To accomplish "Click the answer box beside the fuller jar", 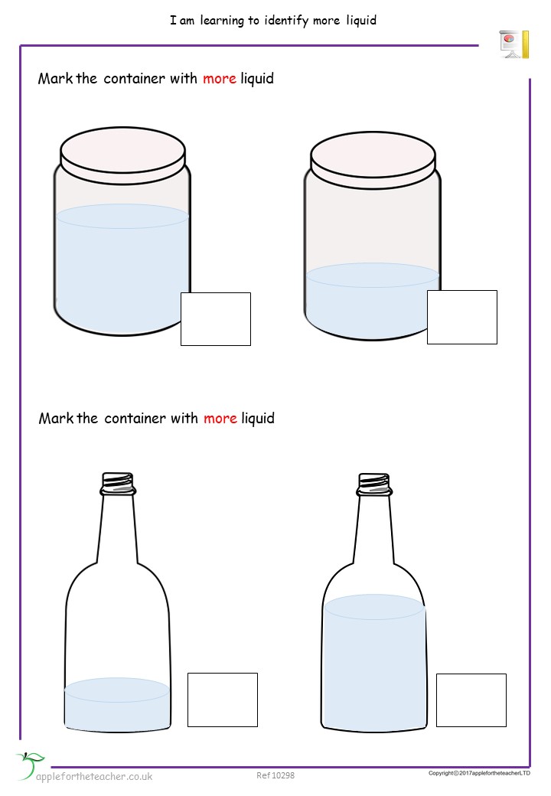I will click(216, 318).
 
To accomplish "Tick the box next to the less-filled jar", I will click(462, 317).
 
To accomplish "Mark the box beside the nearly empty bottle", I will click(223, 700).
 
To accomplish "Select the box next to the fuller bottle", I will click(471, 700).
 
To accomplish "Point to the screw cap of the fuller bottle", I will click(374, 483).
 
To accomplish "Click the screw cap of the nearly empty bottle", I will click(118, 483).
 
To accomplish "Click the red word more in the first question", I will click(220, 79).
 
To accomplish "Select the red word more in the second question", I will click(220, 419).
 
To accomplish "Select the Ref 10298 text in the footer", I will click(275, 775).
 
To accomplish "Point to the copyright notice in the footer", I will click(479, 773).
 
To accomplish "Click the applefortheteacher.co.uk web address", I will click(95, 776).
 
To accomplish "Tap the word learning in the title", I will click(220, 21).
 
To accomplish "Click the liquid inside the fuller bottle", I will click(374, 658).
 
